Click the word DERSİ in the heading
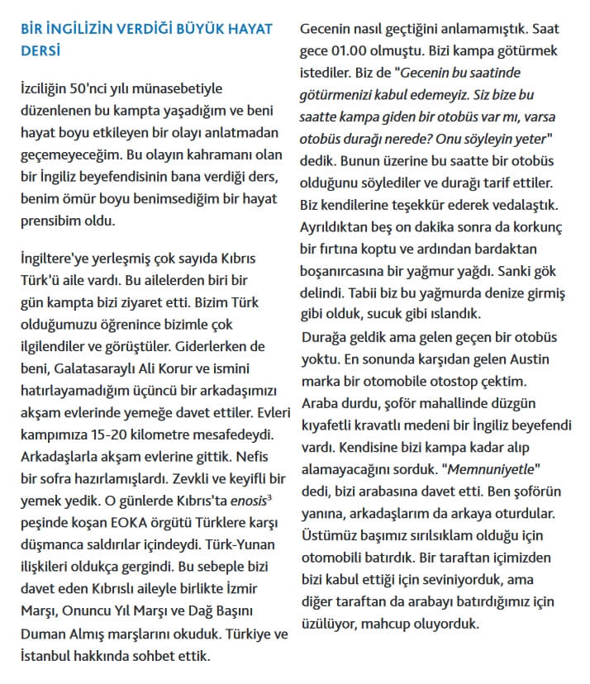[40, 51]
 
